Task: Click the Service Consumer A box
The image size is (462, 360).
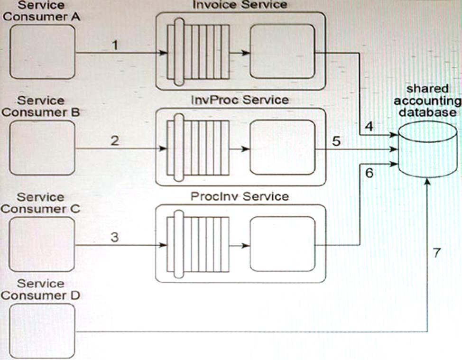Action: (42, 51)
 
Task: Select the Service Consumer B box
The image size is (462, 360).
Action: (42, 148)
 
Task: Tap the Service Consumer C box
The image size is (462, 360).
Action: (42, 244)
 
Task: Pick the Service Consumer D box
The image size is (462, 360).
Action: (42, 330)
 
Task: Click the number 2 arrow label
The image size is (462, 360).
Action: (114, 140)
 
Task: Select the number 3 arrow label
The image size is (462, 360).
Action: (114, 237)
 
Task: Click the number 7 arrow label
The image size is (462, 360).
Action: (437, 253)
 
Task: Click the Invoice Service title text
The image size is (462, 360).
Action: (240, 5)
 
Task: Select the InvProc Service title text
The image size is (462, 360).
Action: (240, 100)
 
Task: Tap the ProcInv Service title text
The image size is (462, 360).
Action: (240, 196)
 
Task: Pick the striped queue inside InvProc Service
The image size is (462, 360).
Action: (198, 148)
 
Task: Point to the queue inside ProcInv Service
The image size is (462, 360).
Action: (198, 245)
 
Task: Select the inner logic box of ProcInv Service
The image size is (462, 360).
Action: (283, 244)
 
